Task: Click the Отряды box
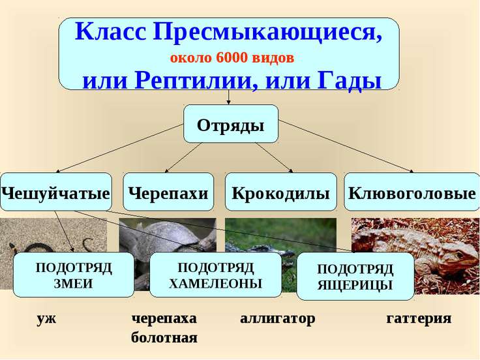(x=231, y=124)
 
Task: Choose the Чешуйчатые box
(x=56, y=192)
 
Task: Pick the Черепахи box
(x=168, y=192)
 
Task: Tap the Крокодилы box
(x=280, y=192)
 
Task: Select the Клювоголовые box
(x=412, y=192)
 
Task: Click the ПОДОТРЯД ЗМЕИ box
(x=74, y=275)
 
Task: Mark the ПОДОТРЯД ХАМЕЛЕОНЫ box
(x=215, y=275)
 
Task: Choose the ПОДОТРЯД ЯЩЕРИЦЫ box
(x=355, y=276)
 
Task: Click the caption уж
(x=46, y=318)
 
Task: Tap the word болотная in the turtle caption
(x=164, y=338)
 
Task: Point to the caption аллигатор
(x=278, y=319)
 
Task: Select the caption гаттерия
(x=419, y=318)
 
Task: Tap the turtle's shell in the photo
(x=172, y=233)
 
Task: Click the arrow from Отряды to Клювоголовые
(x=346, y=146)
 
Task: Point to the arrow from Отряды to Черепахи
(x=184, y=157)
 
